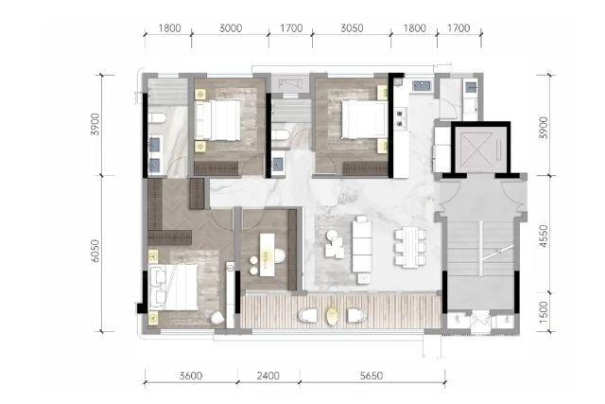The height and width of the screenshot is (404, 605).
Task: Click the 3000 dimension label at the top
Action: (231, 28)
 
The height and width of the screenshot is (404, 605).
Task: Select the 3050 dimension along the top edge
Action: (352, 28)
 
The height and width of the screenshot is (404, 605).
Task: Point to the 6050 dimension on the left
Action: (95, 251)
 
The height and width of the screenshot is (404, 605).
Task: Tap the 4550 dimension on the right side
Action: (544, 236)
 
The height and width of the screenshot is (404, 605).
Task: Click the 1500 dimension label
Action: (544, 312)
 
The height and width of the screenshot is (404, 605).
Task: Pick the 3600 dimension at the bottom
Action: (191, 376)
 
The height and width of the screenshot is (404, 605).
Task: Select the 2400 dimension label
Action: (268, 376)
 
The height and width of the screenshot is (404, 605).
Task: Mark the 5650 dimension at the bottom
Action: (372, 376)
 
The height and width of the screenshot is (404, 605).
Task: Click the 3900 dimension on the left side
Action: (95, 124)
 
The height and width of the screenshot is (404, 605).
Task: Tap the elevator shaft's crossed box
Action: (476, 147)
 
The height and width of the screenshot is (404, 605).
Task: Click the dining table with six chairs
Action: (410, 248)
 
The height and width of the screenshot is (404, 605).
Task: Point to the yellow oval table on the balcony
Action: (332, 316)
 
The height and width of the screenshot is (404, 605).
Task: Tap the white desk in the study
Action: (267, 255)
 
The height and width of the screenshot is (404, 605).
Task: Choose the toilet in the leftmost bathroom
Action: (157, 118)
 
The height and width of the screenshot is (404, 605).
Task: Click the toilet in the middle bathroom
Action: (281, 134)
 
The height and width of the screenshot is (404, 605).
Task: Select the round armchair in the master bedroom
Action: (216, 318)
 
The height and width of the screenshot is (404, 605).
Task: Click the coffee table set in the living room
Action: (334, 244)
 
